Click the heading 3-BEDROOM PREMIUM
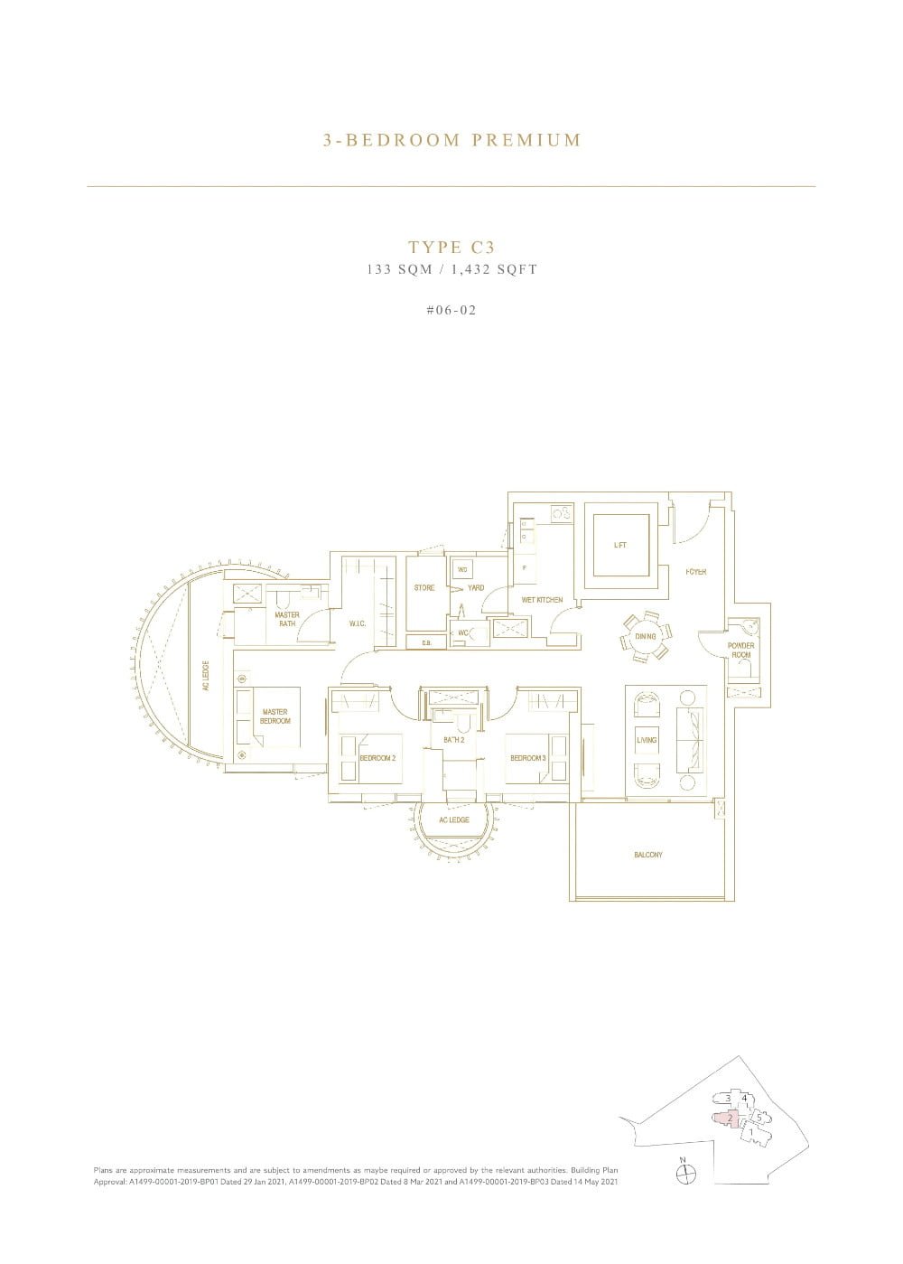[x=451, y=140]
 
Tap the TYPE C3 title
[x=451, y=247]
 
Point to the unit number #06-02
[x=451, y=310]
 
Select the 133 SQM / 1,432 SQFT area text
[x=451, y=269]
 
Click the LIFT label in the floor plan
[x=619, y=545]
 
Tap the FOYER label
[x=695, y=572]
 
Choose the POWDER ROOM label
[x=741, y=650]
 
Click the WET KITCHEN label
[x=542, y=600]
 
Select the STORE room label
[x=424, y=587]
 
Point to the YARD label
[x=476, y=587]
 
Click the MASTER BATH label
[x=287, y=619]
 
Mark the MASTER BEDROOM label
[x=275, y=716]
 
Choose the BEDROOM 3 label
[x=527, y=757]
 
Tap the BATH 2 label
[x=453, y=740]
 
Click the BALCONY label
[x=648, y=855]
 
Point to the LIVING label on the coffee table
[x=647, y=740]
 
